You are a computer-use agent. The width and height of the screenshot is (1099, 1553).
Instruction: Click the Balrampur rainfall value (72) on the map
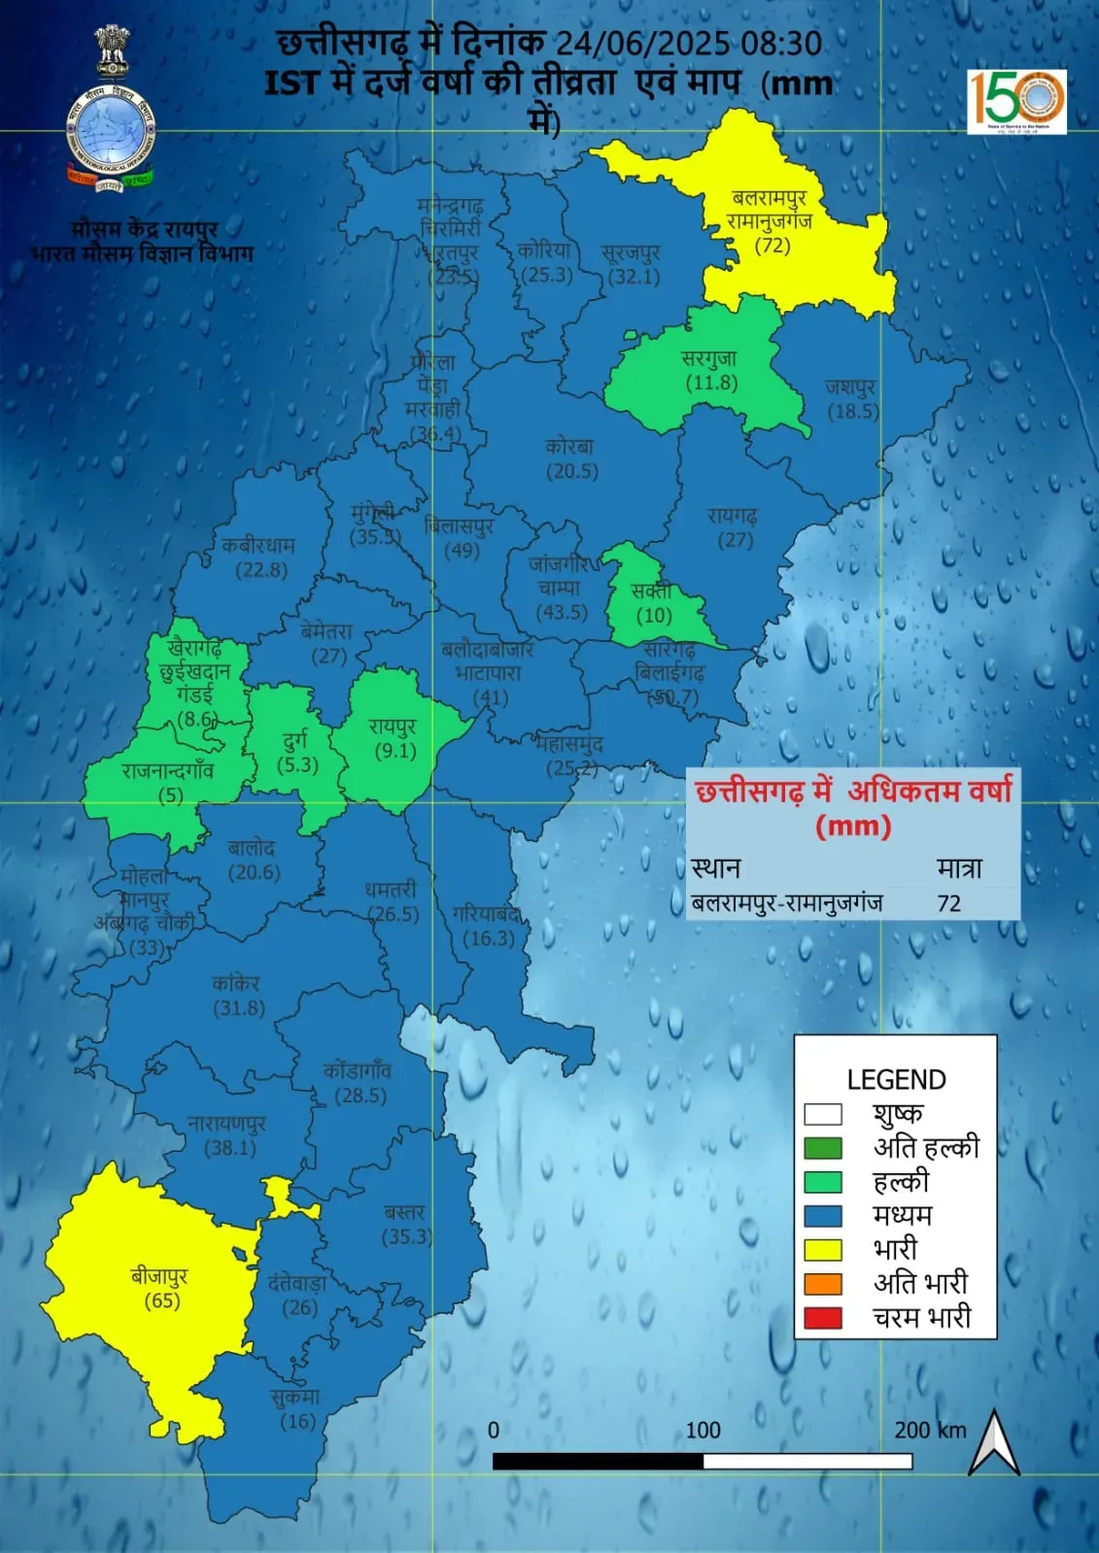(x=773, y=246)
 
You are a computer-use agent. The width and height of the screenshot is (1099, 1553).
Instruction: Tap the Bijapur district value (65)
(x=162, y=1300)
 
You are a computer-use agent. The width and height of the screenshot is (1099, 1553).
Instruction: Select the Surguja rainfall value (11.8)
(x=712, y=383)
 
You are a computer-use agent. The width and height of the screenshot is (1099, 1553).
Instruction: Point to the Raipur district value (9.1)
(x=395, y=751)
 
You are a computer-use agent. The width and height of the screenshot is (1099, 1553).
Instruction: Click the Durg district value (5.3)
(x=297, y=764)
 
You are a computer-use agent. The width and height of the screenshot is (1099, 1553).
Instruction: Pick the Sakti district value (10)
(x=654, y=615)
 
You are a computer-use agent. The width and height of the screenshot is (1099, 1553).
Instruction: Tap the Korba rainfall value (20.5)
(x=571, y=471)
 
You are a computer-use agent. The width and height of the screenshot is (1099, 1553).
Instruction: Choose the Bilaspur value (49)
(x=462, y=550)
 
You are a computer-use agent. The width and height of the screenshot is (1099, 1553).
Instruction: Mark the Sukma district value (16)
(x=297, y=1421)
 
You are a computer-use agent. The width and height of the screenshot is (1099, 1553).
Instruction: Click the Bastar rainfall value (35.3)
(x=407, y=1236)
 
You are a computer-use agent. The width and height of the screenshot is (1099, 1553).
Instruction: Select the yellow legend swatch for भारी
(x=822, y=1249)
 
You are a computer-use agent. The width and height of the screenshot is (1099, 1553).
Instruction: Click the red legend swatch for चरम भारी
(x=822, y=1318)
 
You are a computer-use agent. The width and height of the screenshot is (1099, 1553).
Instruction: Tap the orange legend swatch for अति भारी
(x=822, y=1283)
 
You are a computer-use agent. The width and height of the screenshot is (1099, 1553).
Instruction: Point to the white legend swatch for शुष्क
(x=822, y=1114)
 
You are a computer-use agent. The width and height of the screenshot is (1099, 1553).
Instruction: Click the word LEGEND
(x=896, y=1080)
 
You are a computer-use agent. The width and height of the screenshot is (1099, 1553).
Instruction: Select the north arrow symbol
(x=994, y=1442)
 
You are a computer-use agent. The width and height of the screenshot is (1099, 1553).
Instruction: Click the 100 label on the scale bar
(x=703, y=1430)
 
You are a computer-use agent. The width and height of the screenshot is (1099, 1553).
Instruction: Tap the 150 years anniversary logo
(x=1016, y=100)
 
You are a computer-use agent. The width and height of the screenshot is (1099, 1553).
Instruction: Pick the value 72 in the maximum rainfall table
(x=948, y=903)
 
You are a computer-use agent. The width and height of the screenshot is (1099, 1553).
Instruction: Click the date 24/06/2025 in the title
(x=642, y=44)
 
